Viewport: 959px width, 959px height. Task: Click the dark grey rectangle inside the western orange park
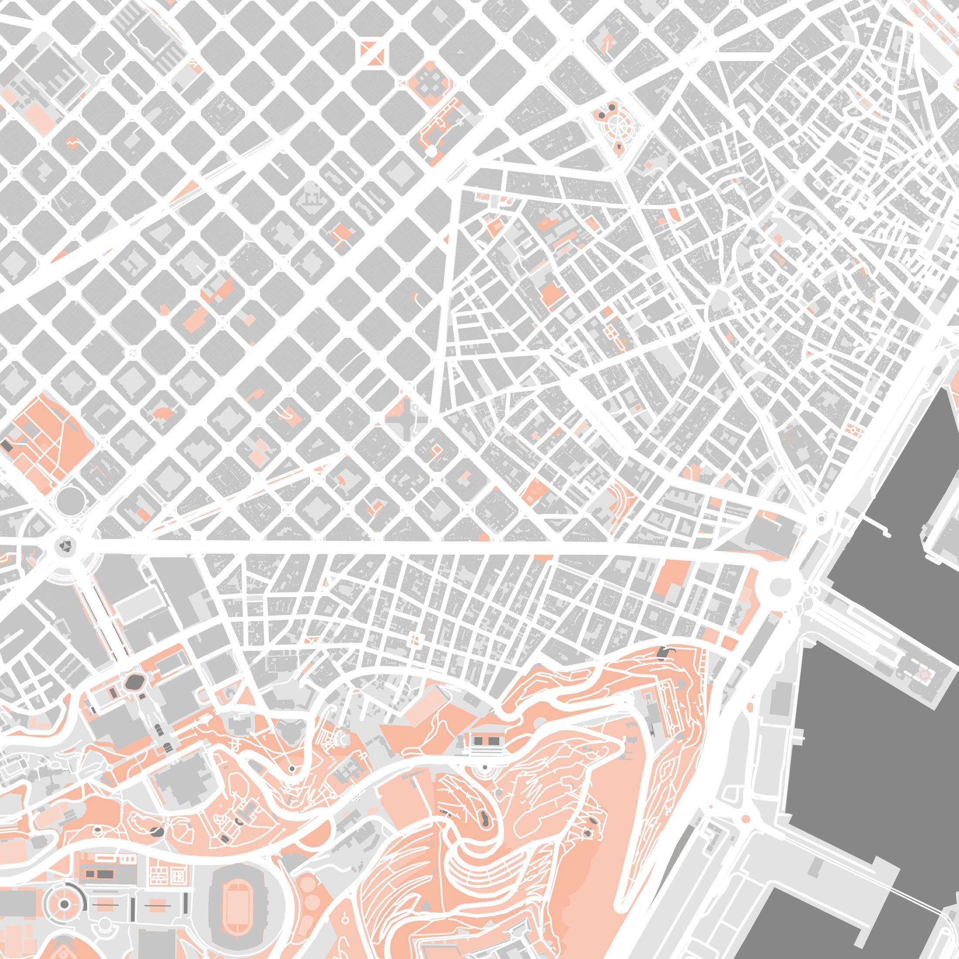coord(7,445)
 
